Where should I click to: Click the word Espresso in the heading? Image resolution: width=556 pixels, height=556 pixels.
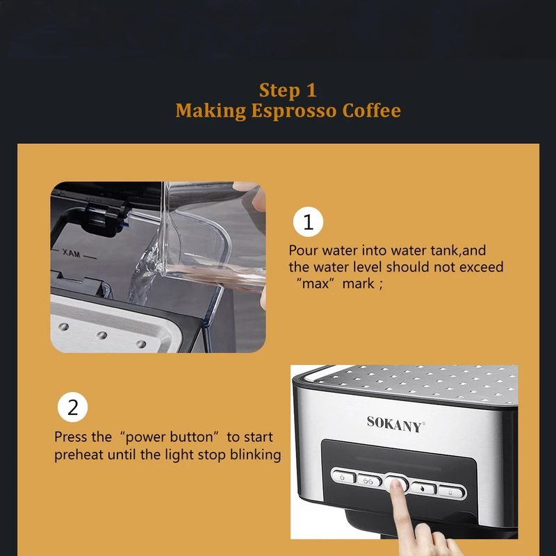(x=293, y=111)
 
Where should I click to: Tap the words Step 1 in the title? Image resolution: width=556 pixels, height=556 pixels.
(x=288, y=90)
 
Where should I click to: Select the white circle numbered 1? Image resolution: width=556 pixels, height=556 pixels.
(x=308, y=222)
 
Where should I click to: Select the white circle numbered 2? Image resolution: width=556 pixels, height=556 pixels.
(x=72, y=407)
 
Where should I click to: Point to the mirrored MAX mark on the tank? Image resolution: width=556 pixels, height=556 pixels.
(x=72, y=253)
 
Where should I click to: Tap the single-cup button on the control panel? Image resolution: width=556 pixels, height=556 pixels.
(x=343, y=477)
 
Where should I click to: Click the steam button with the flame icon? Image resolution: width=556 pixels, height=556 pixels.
(x=423, y=489)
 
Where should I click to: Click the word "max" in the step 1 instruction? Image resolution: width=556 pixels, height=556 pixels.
(x=316, y=284)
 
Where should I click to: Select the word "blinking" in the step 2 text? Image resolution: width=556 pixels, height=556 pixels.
(x=255, y=455)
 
